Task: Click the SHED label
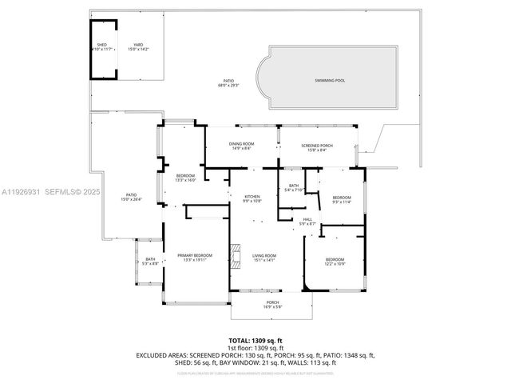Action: point(102,45)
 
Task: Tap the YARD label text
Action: point(138,45)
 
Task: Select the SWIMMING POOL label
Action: point(330,80)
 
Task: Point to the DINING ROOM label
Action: point(242,144)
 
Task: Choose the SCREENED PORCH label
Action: point(317,145)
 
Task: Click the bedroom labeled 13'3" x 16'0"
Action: point(185,175)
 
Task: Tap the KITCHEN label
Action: point(252,196)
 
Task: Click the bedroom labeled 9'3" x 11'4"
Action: point(342,198)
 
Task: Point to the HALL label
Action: point(307,220)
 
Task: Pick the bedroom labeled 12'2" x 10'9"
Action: point(335,259)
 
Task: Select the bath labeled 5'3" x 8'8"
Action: point(150,259)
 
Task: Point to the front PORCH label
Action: point(272,302)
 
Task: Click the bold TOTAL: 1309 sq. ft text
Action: point(255,340)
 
